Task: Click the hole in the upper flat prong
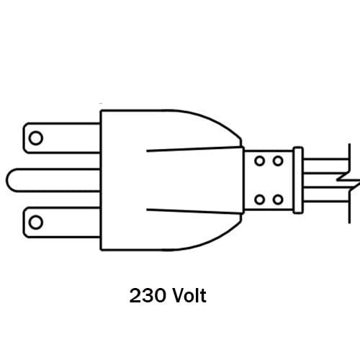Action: coord(36,138)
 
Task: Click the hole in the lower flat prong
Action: coord(36,222)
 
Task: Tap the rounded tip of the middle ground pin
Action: coord(7,180)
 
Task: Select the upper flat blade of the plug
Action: coord(61,138)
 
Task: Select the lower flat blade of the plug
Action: coord(61,222)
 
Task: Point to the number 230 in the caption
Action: coord(148,295)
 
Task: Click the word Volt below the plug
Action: coord(189,295)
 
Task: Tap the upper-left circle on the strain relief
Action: coord(260,161)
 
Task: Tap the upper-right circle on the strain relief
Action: coord(278,161)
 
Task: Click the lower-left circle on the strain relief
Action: coord(260,199)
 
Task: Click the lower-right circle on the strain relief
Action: coord(278,199)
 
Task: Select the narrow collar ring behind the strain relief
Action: coord(298,180)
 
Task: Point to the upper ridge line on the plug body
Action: coord(194,149)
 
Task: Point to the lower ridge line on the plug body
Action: coord(194,211)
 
